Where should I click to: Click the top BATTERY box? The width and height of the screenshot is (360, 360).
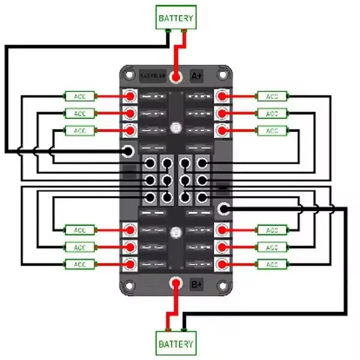point(176,18)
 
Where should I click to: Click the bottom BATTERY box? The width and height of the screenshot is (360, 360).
point(176,344)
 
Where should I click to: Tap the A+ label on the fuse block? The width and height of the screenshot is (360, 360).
point(196,76)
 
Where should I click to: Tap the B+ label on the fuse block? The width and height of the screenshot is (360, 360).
point(196,284)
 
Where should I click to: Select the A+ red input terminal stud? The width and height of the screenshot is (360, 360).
point(176,77)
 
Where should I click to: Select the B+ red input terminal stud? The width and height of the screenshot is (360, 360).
point(176,283)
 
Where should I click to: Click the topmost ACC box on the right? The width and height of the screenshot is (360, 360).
point(272,95)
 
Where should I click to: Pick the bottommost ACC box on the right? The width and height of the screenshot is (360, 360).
point(272,264)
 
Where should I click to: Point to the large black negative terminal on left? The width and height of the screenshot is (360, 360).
point(127,151)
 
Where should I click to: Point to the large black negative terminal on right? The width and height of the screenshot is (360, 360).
point(224,209)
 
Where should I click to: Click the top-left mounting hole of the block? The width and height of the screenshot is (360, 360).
point(128,75)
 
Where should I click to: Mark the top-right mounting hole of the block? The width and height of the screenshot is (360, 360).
point(224,75)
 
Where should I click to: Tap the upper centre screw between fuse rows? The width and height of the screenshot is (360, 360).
point(176,127)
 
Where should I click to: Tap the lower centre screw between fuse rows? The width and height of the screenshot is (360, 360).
point(176,232)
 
